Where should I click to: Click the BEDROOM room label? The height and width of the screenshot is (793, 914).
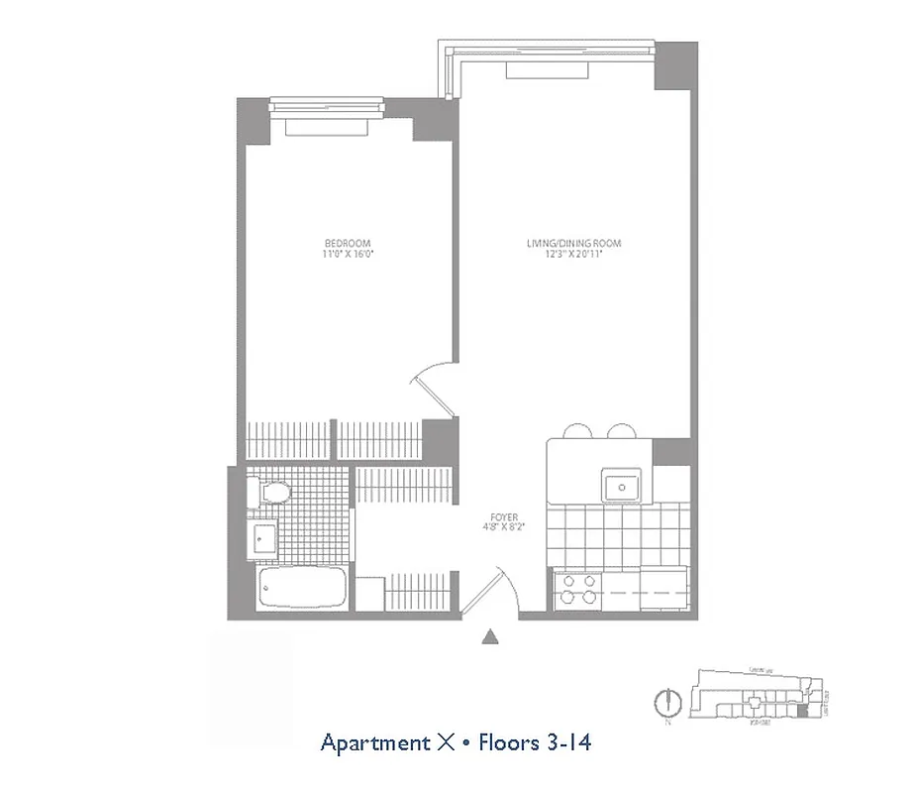(x=347, y=243)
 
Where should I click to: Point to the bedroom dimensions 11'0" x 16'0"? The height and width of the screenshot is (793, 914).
(x=347, y=255)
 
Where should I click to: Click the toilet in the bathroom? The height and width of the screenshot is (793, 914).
(x=270, y=492)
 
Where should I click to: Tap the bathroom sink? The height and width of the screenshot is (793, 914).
(x=263, y=538)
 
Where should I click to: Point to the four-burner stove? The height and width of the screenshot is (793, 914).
(x=577, y=590)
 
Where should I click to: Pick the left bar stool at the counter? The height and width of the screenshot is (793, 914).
(x=576, y=431)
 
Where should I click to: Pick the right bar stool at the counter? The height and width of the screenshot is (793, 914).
(x=621, y=431)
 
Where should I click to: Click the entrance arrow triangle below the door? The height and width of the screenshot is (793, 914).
(x=489, y=638)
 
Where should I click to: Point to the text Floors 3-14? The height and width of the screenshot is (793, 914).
(x=536, y=742)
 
